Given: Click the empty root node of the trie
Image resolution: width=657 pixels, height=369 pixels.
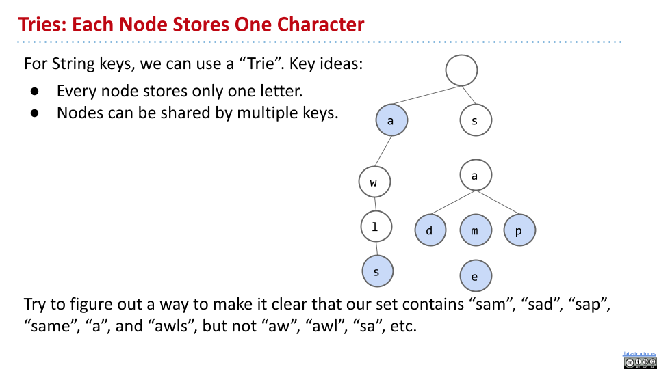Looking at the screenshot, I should pyautogui.click(x=461, y=70).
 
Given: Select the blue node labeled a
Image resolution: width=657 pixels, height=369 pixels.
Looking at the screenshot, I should pyautogui.click(x=391, y=120).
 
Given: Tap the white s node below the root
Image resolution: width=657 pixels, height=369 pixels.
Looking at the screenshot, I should pyautogui.click(x=476, y=121).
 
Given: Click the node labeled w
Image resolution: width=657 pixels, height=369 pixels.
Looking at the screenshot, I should pyautogui.click(x=374, y=182).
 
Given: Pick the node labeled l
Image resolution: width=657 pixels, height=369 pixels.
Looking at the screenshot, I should pyautogui.click(x=376, y=227).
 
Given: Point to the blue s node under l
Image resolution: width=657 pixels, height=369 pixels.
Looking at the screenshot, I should pyautogui.click(x=378, y=271).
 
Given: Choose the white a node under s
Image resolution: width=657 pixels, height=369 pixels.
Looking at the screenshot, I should pyautogui.click(x=476, y=176).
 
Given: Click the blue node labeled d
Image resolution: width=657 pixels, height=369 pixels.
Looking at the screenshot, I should pyautogui.click(x=430, y=231).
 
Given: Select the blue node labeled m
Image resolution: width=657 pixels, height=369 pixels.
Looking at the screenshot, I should pyautogui.click(x=476, y=231).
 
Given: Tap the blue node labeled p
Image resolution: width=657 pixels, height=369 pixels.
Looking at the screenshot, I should pyautogui.click(x=519, y=231).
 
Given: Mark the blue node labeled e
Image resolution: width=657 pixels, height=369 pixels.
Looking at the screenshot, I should pyautogui.click(x=476, y=277).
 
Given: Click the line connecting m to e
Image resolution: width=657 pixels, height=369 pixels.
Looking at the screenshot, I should pyautogui.click(x=476, y=254).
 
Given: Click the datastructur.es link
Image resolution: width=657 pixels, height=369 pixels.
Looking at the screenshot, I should pyautogui.click(x=639, y=353).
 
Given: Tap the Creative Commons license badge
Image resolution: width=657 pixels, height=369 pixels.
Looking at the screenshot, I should pyautogui.click(x=639, y=362).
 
